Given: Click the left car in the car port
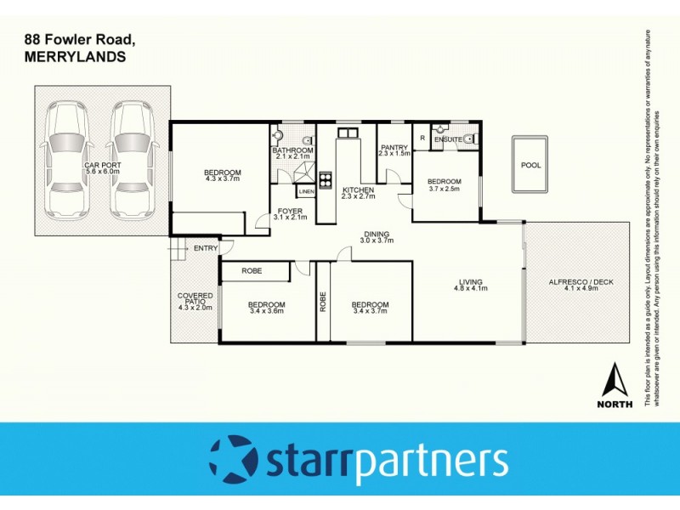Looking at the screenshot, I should coord(66,160).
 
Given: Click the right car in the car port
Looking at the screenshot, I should coord(133,160).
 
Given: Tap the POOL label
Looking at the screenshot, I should coord(531,166).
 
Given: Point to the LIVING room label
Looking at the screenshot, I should coord(470,282).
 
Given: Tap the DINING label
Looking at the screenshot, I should coord(377,235).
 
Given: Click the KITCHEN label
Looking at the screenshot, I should coord(358,190).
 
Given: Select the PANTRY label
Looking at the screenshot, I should coord(395,147).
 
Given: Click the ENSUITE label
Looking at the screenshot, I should coord(448,139).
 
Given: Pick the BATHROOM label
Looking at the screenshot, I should coord(293,150).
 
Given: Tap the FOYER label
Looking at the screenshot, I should coord(291,211).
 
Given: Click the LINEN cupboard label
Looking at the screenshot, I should coord(306,192).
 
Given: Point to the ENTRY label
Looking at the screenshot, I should coord(206,248).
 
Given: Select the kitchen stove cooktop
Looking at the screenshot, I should coord(325,180).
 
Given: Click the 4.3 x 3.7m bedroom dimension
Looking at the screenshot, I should coord(223,179).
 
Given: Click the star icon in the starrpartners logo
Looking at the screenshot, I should coord(229,460).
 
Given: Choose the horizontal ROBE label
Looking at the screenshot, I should coord(252,271).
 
